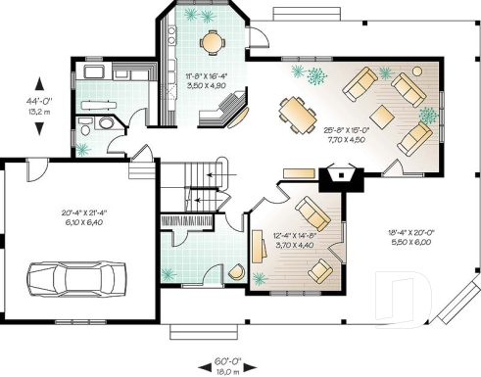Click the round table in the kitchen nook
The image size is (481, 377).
(x=211, y=41)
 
